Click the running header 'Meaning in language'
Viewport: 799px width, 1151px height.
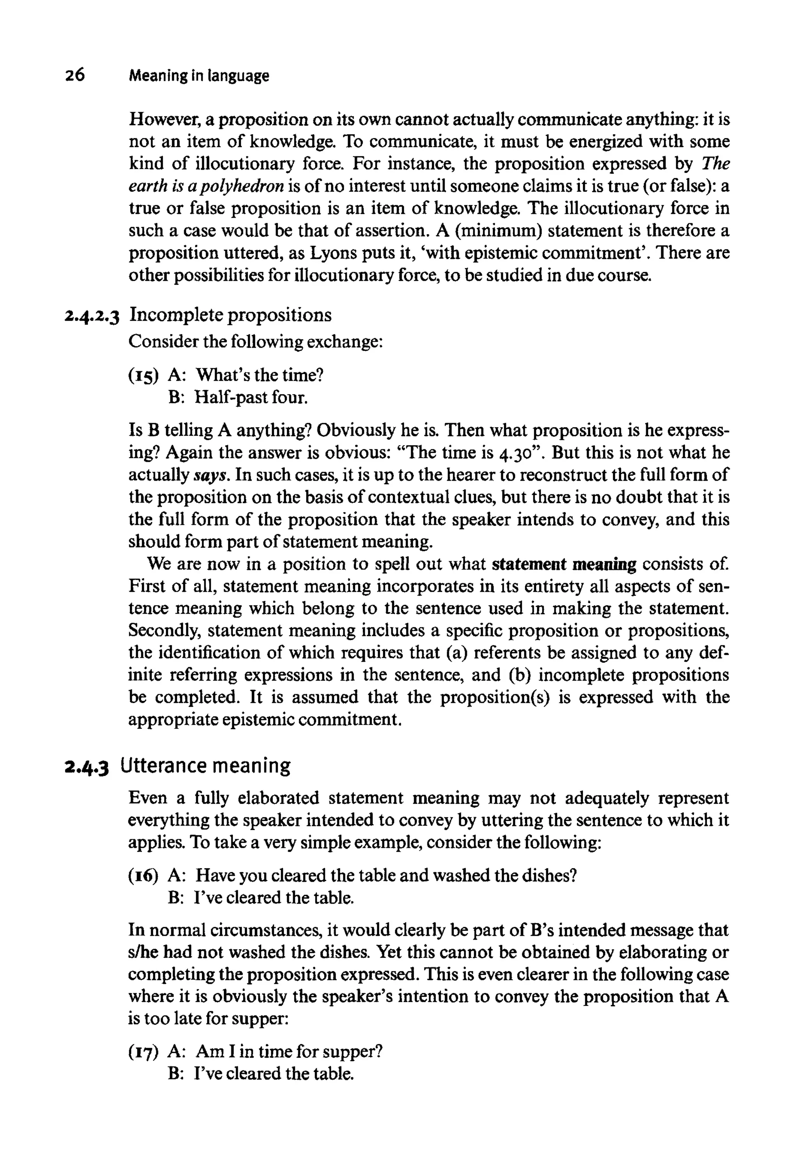point(199,76)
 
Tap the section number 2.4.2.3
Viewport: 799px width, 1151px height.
point(92,316)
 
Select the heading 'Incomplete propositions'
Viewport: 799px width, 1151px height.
point(230,315)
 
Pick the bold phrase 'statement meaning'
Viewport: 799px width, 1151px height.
point(564,564)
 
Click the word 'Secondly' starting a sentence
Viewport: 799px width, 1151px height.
point(162,631)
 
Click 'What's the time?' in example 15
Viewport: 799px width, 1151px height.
point(259,375)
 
